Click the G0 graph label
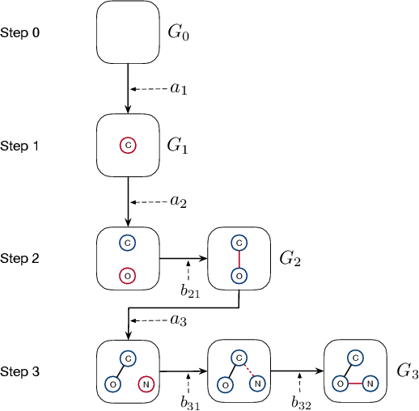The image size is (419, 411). click(179, 34)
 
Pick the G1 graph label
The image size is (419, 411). click(179, 146)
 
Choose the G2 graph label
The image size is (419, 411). click(291, 259)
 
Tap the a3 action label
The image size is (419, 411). click(178, 321)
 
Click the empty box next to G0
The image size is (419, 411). click(128, 32)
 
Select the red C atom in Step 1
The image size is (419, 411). click(128, 146)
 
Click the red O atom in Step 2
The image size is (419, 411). click(128, 276)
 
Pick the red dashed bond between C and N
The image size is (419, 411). click(248, 371)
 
